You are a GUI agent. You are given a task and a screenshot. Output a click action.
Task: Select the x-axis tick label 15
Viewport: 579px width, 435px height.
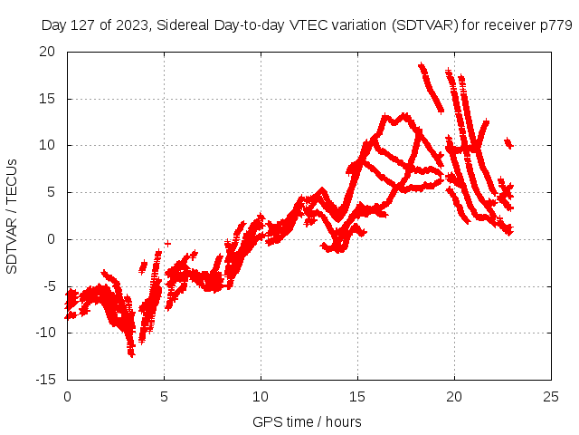[358, 397]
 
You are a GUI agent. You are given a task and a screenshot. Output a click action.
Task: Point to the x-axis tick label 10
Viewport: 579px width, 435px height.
[261, 397]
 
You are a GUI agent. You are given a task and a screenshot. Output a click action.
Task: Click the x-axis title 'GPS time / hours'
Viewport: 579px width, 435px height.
[307, 421]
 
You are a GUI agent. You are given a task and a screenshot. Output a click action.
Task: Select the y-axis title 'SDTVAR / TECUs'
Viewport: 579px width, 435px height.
[13, 216]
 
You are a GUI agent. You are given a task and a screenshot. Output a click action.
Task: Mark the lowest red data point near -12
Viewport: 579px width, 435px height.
[131, 354]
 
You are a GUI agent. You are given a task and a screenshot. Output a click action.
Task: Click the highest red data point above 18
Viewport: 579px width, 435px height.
[421, 65]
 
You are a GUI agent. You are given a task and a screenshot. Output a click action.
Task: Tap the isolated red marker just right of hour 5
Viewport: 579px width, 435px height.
[167, 243]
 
